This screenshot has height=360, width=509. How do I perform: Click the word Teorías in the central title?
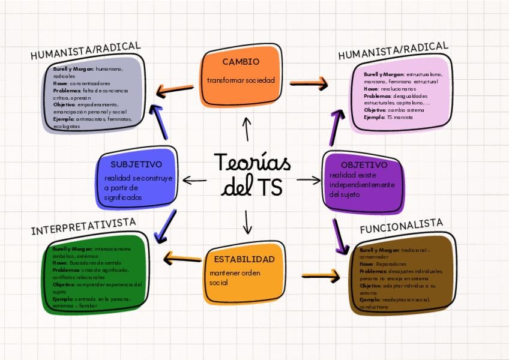pos(252,163)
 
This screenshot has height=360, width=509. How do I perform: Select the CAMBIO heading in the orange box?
pos(241,62)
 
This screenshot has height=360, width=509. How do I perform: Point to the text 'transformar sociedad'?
pos(241,80)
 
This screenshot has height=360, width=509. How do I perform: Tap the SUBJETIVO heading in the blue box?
pos(136,164)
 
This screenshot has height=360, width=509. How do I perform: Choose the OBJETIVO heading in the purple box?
pos(364,164)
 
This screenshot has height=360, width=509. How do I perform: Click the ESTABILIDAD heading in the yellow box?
pos(244,259)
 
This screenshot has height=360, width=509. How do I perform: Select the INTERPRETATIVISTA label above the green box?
pos(83,227)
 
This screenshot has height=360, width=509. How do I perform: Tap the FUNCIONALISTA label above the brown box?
pos(401,226)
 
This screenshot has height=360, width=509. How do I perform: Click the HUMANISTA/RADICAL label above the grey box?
pos(85,51)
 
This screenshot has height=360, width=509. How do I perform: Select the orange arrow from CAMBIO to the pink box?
pos(309,83)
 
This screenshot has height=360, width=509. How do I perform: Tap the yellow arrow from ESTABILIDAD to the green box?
pos(182,259)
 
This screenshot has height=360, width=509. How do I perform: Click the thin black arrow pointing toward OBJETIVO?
pos(309,179)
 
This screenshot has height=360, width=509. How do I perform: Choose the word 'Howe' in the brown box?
pos(366,263)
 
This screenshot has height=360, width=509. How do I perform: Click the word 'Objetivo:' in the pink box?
pos(375,110)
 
